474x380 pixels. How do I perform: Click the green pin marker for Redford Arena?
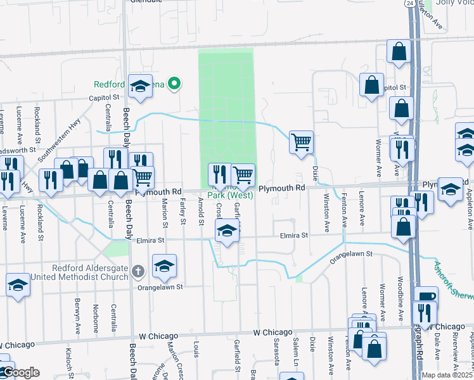tap(177, 84)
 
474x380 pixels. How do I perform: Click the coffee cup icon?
tap(426, 296)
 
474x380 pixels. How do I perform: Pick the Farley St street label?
tap(182, 212)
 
